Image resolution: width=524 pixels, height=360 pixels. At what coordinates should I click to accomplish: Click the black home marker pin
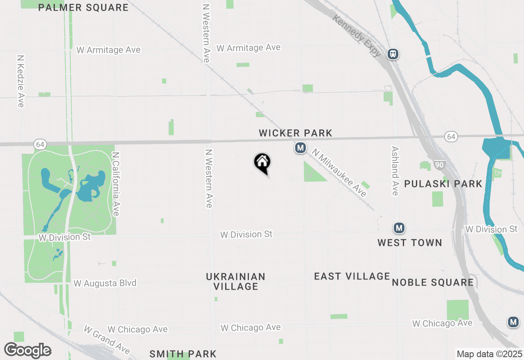(x=262, y=163)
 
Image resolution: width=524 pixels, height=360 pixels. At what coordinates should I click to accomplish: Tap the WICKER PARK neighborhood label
(x=295, y=133)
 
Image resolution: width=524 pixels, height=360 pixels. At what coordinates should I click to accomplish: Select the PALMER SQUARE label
(x=83, y=7)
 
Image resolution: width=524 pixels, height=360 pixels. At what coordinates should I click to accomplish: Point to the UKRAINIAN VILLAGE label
(x=236, y=281)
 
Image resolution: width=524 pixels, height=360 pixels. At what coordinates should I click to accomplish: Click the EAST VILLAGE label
(x=352, y=277)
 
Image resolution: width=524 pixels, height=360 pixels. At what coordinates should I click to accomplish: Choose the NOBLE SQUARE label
(x=433, y=282)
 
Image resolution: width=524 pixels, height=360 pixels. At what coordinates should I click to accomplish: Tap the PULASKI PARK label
(x=443, y=184)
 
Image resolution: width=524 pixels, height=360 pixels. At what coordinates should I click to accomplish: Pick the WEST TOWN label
(x=409, y=243)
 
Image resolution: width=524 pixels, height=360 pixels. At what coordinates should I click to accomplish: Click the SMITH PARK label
(x=183, y=354)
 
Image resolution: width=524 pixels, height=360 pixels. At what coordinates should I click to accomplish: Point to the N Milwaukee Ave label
(x=339, y=173)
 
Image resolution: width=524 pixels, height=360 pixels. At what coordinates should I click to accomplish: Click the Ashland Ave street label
(x=395, y=171)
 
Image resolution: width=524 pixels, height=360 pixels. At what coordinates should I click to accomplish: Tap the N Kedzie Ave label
(x=21, y=81)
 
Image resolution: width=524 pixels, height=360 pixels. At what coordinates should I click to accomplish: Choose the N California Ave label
(x=116, y=184)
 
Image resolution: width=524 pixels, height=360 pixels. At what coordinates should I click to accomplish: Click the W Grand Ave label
(x=107, y=340)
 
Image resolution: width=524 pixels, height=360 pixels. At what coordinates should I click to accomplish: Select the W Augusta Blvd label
(x=105, y=283)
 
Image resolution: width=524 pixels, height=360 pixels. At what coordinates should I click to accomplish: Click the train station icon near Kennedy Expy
(x=393, y=54)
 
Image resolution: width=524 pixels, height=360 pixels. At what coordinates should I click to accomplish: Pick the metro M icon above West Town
(x=399, y=228)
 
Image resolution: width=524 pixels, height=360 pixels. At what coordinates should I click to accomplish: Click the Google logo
(x=27, y=351)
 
